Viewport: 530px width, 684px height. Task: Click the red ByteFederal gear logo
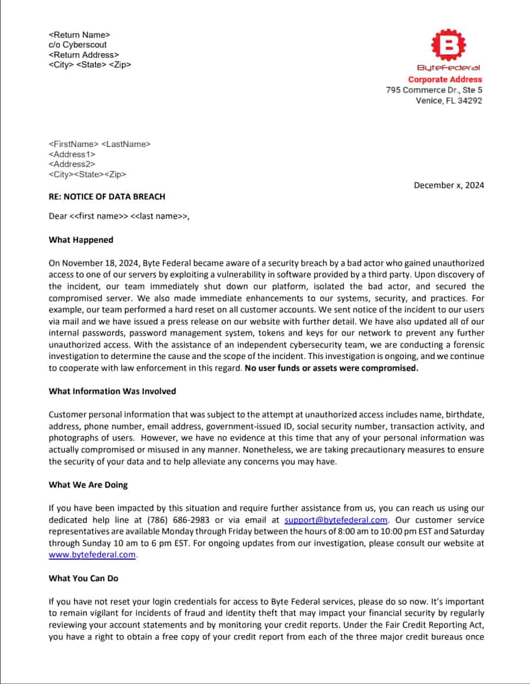tap(448, 46)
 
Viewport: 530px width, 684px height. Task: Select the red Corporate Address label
tap(445, 79)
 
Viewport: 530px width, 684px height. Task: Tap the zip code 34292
tap(470, 101)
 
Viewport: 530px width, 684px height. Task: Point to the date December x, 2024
tap(449, 185)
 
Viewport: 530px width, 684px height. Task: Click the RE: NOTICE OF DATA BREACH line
tap(107, 197)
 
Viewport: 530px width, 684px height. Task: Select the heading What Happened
tap(81, 240)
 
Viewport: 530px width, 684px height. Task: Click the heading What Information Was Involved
tap(112, 391)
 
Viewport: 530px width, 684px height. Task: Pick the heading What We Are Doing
tap(88, 485)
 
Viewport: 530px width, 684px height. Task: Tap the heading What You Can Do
tap(83, 579)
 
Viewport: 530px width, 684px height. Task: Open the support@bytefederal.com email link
tap(336, 520)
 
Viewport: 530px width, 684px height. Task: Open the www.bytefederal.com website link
tap(92, 555)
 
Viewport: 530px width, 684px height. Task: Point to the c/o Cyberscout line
tap(77, 45)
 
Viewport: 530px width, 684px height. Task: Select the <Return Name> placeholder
tap(79, 35)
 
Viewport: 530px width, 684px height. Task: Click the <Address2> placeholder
tap(72, 164)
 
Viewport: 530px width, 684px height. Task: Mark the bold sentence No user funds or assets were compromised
tap(331, 368)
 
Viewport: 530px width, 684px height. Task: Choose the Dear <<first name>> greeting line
tap(119, 216)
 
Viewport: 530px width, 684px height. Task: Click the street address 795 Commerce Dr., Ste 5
tap(434, 90)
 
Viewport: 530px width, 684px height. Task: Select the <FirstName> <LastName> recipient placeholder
tap(100, 144)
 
